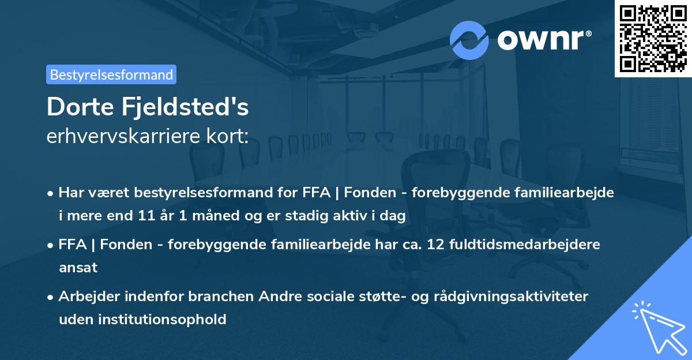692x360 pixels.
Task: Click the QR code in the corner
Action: (653, 38)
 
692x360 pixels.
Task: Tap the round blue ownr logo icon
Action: (469, 40)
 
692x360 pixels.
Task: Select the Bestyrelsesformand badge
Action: (111, 74)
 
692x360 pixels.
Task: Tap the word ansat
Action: (78, 268)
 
